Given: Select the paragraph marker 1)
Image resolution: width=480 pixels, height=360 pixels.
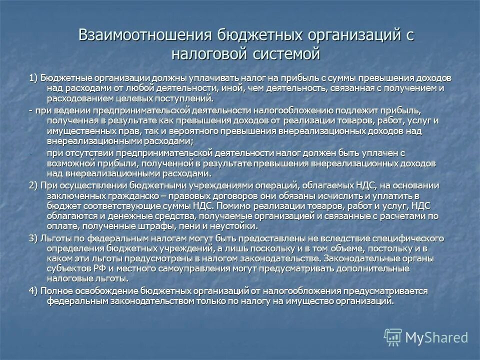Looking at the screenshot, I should (33, 78).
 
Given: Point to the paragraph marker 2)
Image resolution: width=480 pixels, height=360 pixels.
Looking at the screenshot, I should (33, 185).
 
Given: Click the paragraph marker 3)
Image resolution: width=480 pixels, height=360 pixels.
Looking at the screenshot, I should (33, 237).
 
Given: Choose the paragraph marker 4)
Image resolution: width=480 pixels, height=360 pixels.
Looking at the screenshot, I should (33, 291).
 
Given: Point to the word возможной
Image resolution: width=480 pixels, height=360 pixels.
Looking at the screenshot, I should (67, 163).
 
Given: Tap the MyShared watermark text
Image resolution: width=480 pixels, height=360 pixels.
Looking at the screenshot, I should (437, 337).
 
